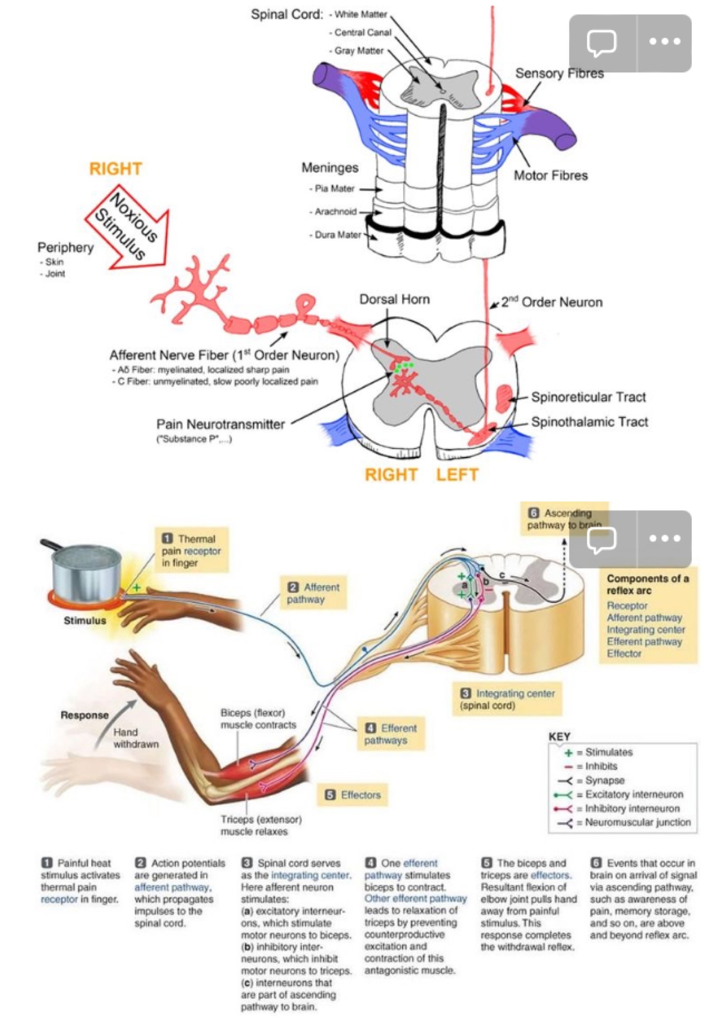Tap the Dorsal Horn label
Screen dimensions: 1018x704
coord(394,299)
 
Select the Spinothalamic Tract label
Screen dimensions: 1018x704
coord(589,422)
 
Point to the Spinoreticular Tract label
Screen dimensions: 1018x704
coord(588,397)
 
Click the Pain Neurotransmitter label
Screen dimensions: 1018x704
coord(220,424)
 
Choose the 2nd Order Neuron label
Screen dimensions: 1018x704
coord(551,302)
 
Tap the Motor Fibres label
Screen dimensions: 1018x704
coord(550,175)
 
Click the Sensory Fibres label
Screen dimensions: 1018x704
coord(559,73)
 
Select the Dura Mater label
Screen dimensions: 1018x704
coord(338,235)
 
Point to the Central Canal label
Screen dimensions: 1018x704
coord(363,33)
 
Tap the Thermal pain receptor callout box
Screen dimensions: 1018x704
coord(191,550)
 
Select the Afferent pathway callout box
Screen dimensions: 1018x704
coord(313,593)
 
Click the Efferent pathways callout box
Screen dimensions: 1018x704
coord(391,734)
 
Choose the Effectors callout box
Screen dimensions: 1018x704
coord(353,795)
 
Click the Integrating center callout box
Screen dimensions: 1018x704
coord(507,699)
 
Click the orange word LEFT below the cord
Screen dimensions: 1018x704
coord(457,475)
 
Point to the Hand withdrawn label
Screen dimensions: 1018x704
coord(136,738)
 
